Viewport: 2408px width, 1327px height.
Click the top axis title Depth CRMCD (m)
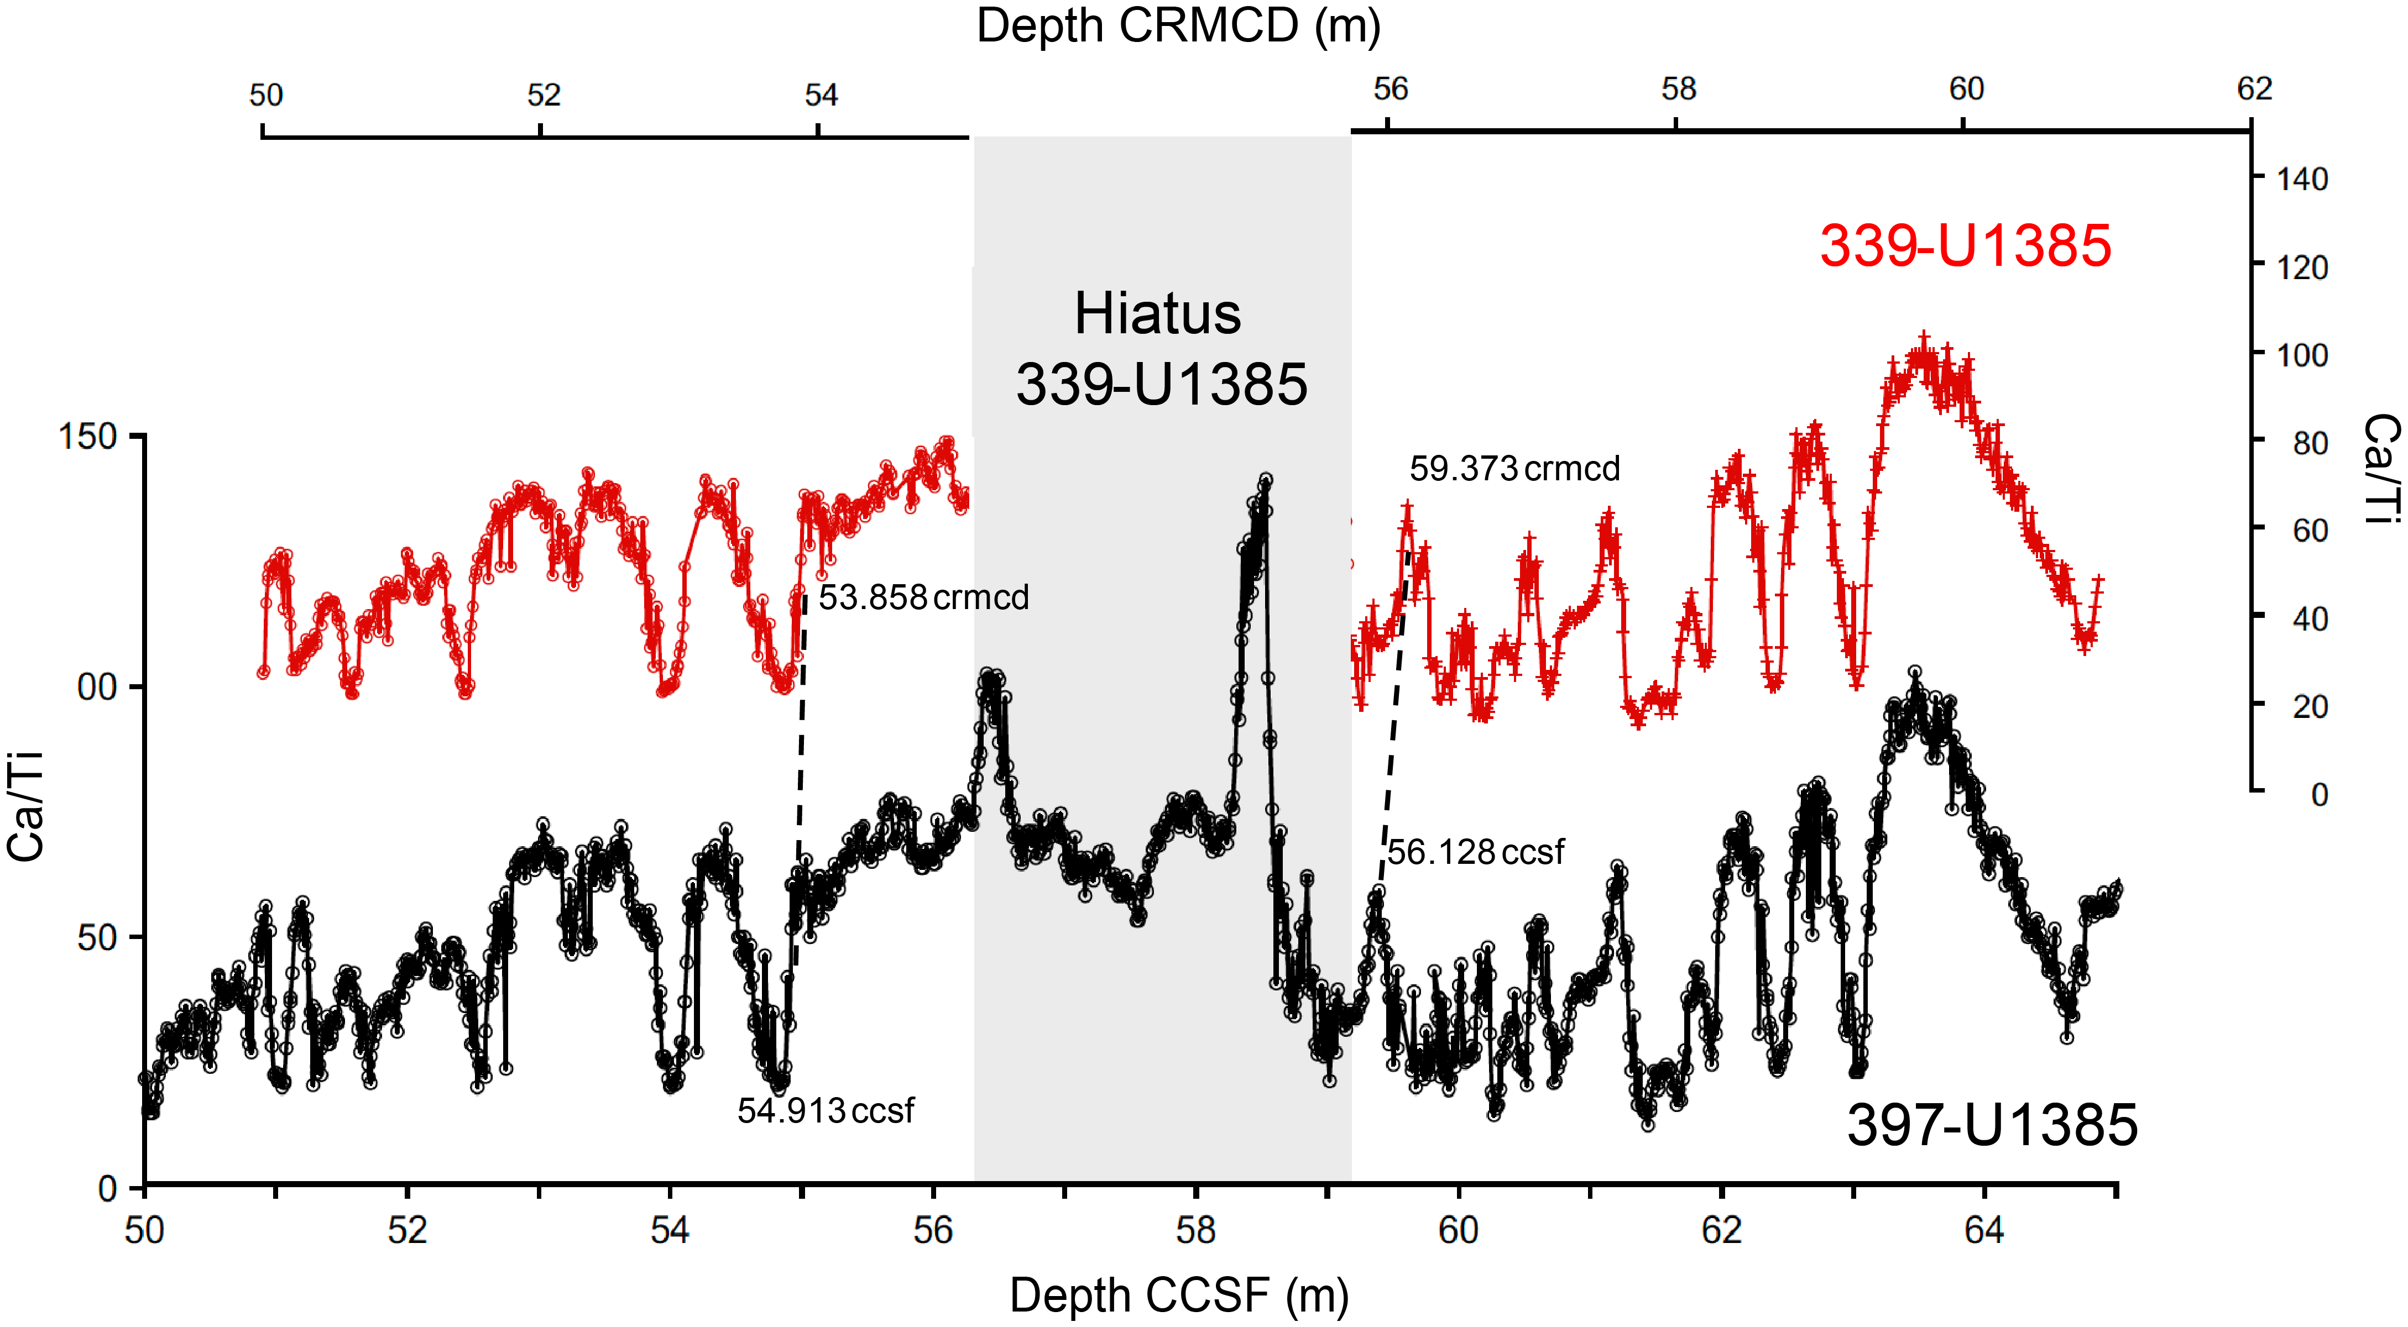tap(1178, 26)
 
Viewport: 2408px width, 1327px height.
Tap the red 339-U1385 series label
tap(1965, 246)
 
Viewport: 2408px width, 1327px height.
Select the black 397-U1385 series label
tap(1991, 1125)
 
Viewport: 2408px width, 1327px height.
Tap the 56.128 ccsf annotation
tap(1475, 852)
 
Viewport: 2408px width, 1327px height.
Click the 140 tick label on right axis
tap(2301, 180)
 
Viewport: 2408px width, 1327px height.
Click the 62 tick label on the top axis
tap(2254, 90)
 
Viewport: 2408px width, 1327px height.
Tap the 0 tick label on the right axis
tap(2319, 795)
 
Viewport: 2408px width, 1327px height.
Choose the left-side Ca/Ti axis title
tap(26, 806)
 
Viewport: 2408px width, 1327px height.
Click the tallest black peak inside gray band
tap(1266, 479)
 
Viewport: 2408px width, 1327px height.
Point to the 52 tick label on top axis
tap(543, 95)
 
